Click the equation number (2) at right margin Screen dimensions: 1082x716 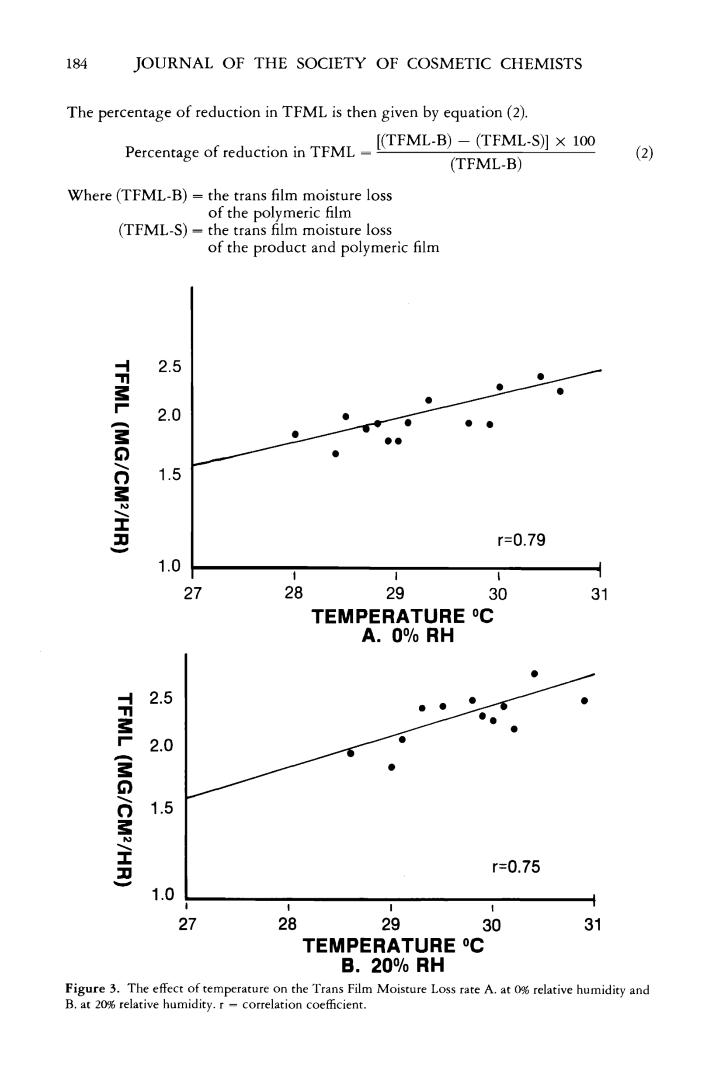click(x=644, y=153)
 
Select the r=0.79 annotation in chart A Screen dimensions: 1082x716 click(x=521, y=540)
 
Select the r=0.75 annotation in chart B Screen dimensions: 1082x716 click(x=516, y=867)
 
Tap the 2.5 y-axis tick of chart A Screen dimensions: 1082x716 click(x=170, y=367)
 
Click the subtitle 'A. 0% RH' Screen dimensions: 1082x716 click(x=408, y=635)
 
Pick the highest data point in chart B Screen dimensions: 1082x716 click(x=534, y=674)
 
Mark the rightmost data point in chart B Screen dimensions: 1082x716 click(x=584, y=701)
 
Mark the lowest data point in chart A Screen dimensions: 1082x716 click(x=335, y=454)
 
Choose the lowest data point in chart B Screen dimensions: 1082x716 click(x=391, y=767)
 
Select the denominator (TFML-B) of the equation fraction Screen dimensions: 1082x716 click(x=485, y=164)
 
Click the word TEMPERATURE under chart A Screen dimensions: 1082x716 click(x=388, y=616)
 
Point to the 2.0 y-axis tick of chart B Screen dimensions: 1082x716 click(x=161, y=746)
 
